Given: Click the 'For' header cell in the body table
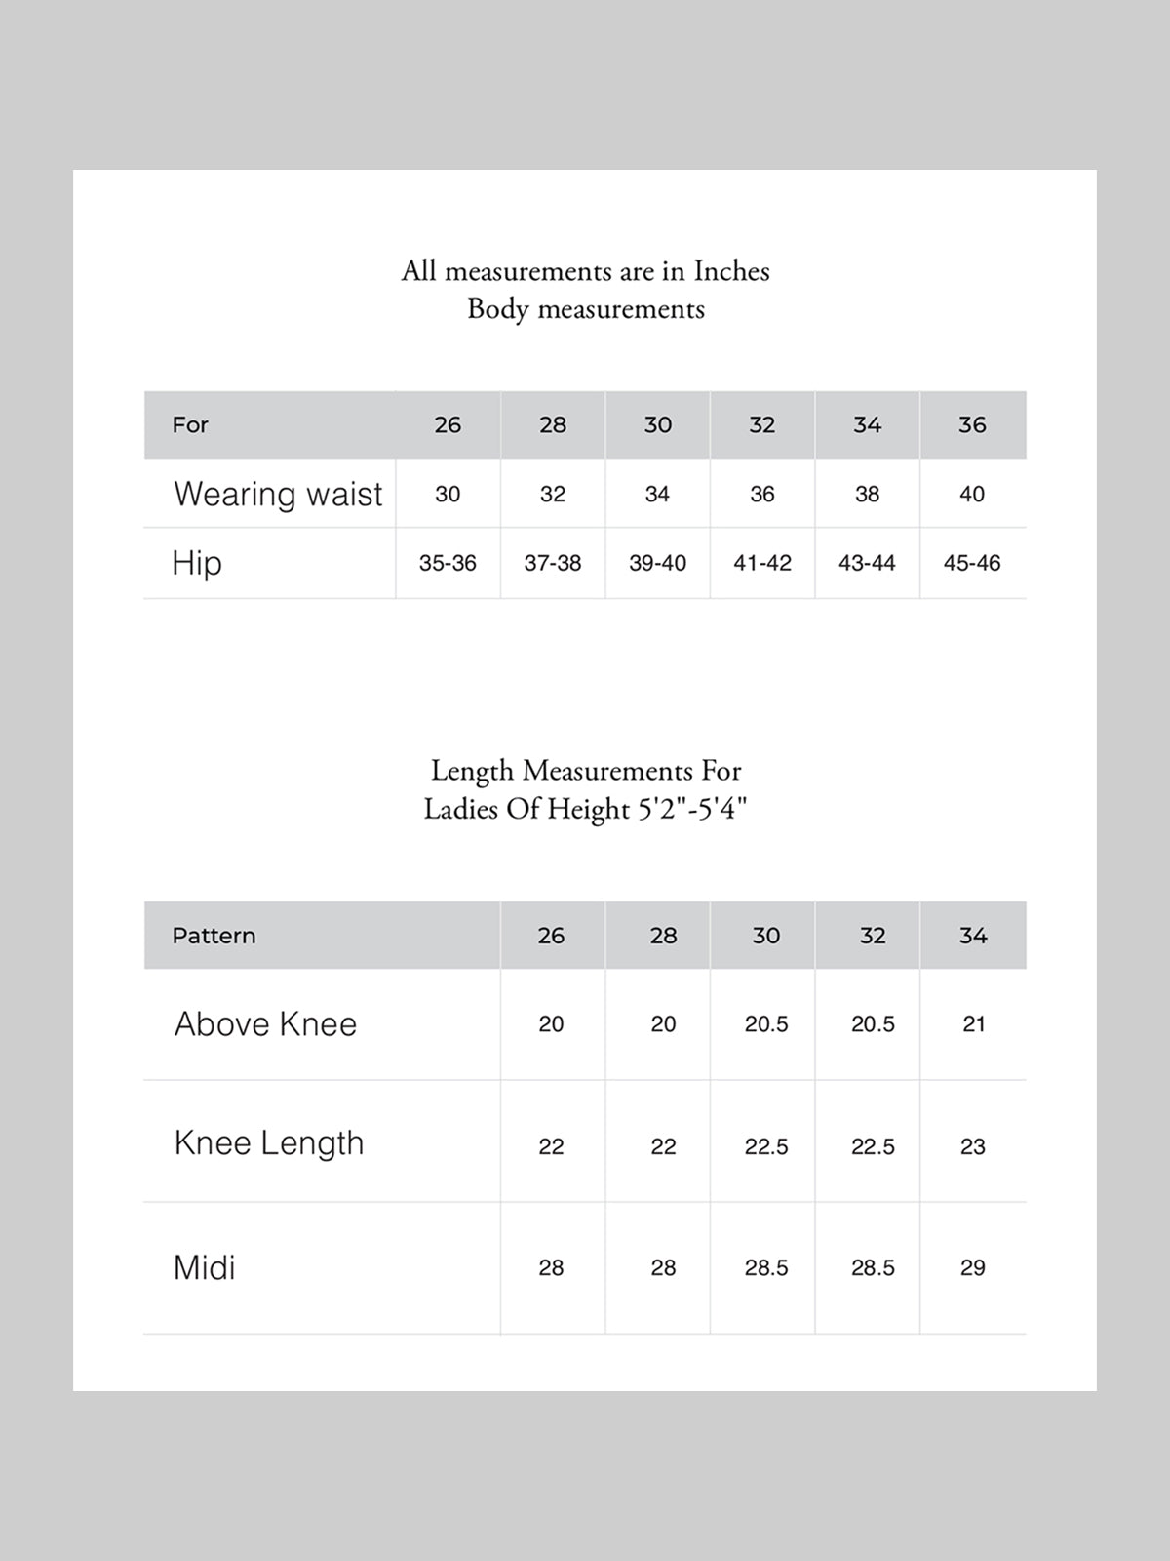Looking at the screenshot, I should (190, 424).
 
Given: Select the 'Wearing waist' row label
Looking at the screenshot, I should (278, 494).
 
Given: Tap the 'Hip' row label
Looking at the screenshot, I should (197, 563).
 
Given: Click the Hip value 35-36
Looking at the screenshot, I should (448, 563).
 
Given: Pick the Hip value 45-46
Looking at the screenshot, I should (972, 563).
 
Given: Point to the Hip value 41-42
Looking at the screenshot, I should (762, 563).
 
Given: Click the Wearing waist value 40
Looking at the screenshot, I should (972, 494).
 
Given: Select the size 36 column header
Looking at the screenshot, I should (972, 424).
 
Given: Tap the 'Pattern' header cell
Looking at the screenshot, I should (214, 936).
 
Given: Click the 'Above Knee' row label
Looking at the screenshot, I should (265, 1023).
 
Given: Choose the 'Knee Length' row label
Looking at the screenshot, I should (269, 1143).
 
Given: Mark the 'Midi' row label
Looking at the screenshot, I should (204, 1267).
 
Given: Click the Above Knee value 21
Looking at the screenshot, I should (973, 1023).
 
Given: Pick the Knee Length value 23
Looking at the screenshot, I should (973, 1146).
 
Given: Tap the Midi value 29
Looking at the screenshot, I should (973, 1267).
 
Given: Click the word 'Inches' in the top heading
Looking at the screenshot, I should (731, 271).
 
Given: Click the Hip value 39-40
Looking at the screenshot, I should (657, 563).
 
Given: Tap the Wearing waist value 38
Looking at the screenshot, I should (867, 494).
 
